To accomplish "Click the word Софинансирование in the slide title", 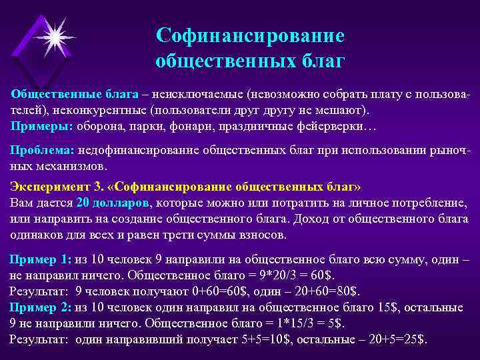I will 249,34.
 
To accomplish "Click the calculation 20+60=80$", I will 321,291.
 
